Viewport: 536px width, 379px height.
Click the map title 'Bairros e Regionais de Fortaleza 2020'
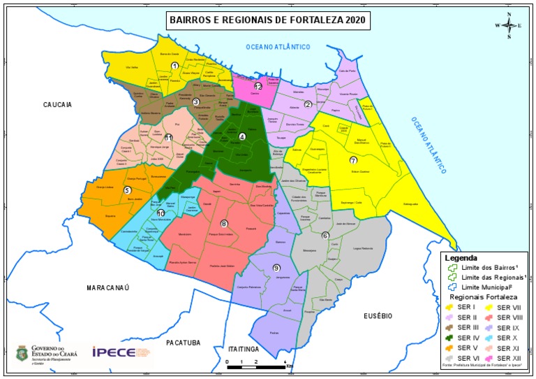[x=268, y=20]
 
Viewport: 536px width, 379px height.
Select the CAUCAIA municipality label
[x=58, y=104]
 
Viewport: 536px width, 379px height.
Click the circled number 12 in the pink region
[x=258, y=87]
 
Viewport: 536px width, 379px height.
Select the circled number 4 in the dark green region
[x=242, y=137]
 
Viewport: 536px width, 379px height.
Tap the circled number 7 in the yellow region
[x=353, y=160]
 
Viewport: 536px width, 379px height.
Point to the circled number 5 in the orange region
[x=127, y=189]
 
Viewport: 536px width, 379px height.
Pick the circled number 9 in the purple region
[x=276, y=268]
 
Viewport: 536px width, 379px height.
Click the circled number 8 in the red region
[x=223, y=224]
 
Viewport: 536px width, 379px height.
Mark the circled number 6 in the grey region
[x=325, y=235]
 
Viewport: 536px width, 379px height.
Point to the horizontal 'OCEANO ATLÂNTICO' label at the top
[x=277, y=46]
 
